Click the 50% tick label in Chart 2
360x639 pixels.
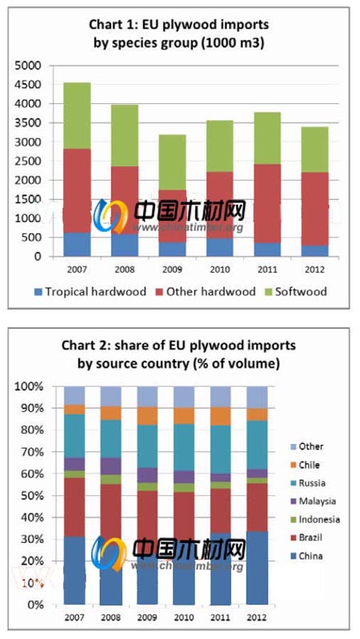click(x=32, y=496)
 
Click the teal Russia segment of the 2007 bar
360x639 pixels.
click(x=75, y=436)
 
